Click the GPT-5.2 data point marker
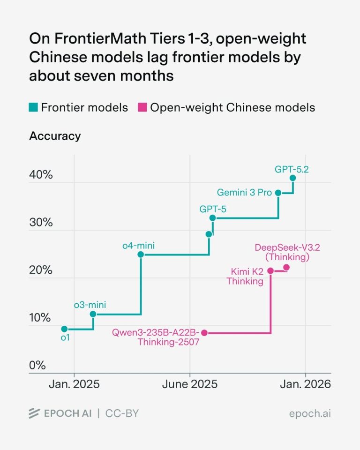(x=292, y=178)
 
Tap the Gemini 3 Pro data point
(x=278, y=193)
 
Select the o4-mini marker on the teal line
(x=140, y=254)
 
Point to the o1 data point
(x=64, y=329)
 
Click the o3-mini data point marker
(x=93, y=314)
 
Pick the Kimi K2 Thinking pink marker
(x=270, y=270)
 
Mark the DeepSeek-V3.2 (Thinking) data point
(x=286, y=268)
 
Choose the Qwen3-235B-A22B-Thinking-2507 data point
(x=204, y=333)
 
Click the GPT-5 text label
(x=213, y=209)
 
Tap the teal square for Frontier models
(x=33, y=107)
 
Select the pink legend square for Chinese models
(x=142, y=107)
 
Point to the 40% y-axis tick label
(x=41, y=174)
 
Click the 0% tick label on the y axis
(x=37, y=365)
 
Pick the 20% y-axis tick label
(x=41, y=270)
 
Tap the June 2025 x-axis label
(x=190, y=384)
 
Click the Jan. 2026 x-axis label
(x=306, y=384)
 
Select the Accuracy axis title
(x=55, y=136)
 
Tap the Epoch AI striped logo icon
(x=34, y=413)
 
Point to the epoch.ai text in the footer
(x=310, y=413)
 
